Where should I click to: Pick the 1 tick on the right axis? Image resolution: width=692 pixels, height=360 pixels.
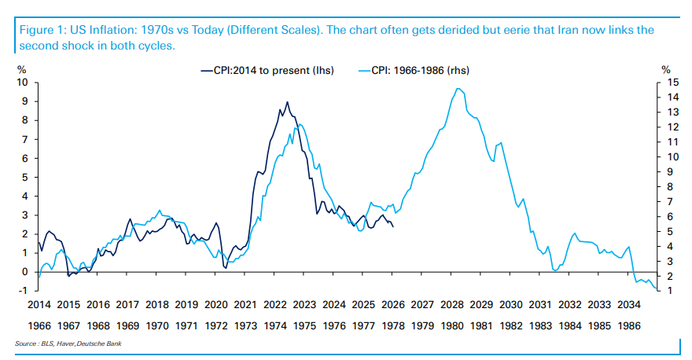pyautogui.click(x=668, y=291)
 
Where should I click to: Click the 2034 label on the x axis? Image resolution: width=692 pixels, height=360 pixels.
pyautogui.click(x=629, y=304)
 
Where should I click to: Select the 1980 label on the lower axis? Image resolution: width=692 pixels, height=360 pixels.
pyautogui.click(x=452, y=324)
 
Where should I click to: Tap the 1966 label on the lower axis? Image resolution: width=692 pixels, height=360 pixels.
pyautogui.click(x=39, y=324)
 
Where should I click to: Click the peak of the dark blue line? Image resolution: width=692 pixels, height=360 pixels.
pyautogui.click(x=287, y=102)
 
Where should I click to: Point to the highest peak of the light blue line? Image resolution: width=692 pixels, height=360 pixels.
pyautogui.click(x=459, y=89)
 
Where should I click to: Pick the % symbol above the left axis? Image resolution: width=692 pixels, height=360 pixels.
pyautogui.click(x=22, y=70)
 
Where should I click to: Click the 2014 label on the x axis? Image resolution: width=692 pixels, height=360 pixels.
pyautogui.click(x=39, y=304)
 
